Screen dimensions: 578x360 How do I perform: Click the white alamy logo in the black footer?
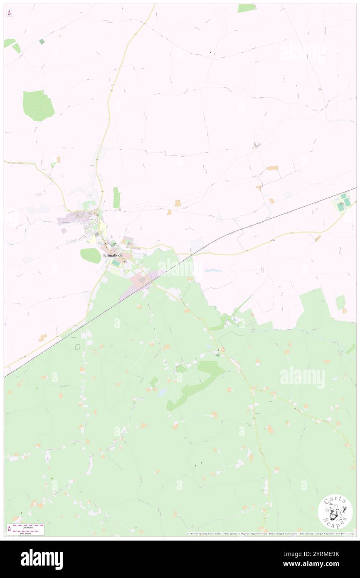point(42,559)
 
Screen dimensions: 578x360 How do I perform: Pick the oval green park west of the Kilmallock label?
point(90,256)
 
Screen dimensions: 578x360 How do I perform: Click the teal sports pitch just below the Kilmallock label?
point(115,263)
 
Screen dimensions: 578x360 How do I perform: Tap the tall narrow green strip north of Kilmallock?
point(116,197)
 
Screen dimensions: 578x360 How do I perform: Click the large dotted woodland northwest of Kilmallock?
point(38,105)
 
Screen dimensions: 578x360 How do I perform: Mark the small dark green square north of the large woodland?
point(42,42)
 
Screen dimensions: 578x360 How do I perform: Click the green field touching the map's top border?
point(247,8)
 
